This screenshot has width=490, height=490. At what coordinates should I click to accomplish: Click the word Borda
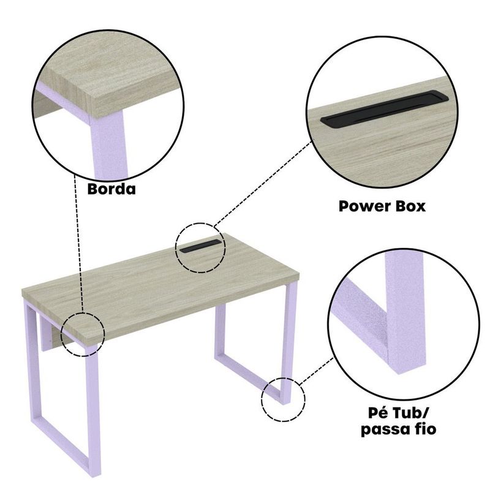(111, 189)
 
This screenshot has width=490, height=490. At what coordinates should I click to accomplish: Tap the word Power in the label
(361, 206)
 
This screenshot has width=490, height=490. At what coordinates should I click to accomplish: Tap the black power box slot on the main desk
(200, 247)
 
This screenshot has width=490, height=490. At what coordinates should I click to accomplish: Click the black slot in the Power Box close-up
(385, 108)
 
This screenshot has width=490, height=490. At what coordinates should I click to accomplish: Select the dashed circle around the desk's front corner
(61, 334)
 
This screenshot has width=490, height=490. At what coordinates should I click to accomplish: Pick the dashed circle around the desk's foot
(262, 400)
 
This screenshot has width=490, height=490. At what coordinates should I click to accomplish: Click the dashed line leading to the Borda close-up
(78, 243)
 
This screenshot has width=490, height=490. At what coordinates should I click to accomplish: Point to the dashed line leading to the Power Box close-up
(263, 183)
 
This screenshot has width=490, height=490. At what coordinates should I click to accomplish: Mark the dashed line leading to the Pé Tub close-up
(316, 371)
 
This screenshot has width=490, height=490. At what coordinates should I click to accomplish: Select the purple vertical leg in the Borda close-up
(109, 145)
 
